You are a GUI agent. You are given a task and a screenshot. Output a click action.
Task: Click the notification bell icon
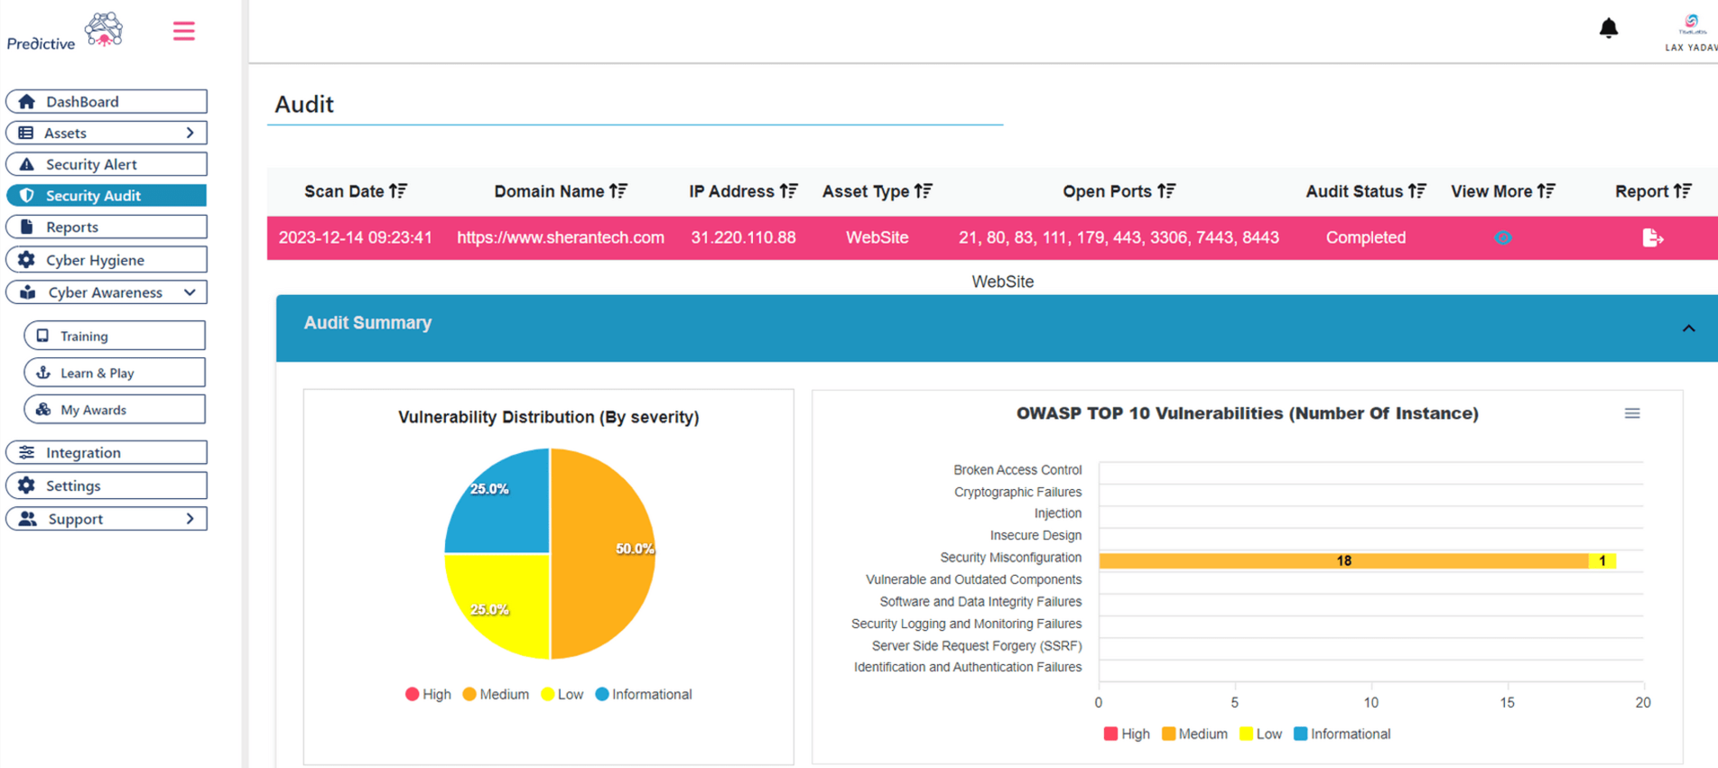(1608, 29)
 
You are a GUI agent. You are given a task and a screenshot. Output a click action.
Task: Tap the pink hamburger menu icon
(183, 32)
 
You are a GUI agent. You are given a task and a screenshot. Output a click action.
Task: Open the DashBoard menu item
(107, 101)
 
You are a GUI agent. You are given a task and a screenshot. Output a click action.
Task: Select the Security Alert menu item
(107, 164)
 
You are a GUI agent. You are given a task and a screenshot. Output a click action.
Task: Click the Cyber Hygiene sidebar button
(107, 260)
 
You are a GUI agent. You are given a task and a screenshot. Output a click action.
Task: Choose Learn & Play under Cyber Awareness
(115, 373)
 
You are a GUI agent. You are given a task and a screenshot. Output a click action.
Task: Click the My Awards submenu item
(115, 410)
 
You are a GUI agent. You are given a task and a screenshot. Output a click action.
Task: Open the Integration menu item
(107, 452)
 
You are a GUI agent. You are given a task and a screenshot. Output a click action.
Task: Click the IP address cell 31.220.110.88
(743, 238)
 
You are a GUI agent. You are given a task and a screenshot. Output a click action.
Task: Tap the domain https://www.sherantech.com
(560, 238)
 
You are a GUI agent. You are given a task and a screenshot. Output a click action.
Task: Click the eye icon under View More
(1502, 238)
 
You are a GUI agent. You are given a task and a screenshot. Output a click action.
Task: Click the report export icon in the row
(1651, 238)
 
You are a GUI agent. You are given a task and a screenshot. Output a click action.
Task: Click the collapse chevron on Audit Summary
(1688, 328)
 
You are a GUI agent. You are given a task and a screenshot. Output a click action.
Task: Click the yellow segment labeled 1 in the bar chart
(1602, 561)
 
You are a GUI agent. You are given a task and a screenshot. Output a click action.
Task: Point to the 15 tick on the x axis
(1507, 702)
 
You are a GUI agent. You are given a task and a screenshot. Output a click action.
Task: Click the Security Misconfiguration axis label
(1009, 558)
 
